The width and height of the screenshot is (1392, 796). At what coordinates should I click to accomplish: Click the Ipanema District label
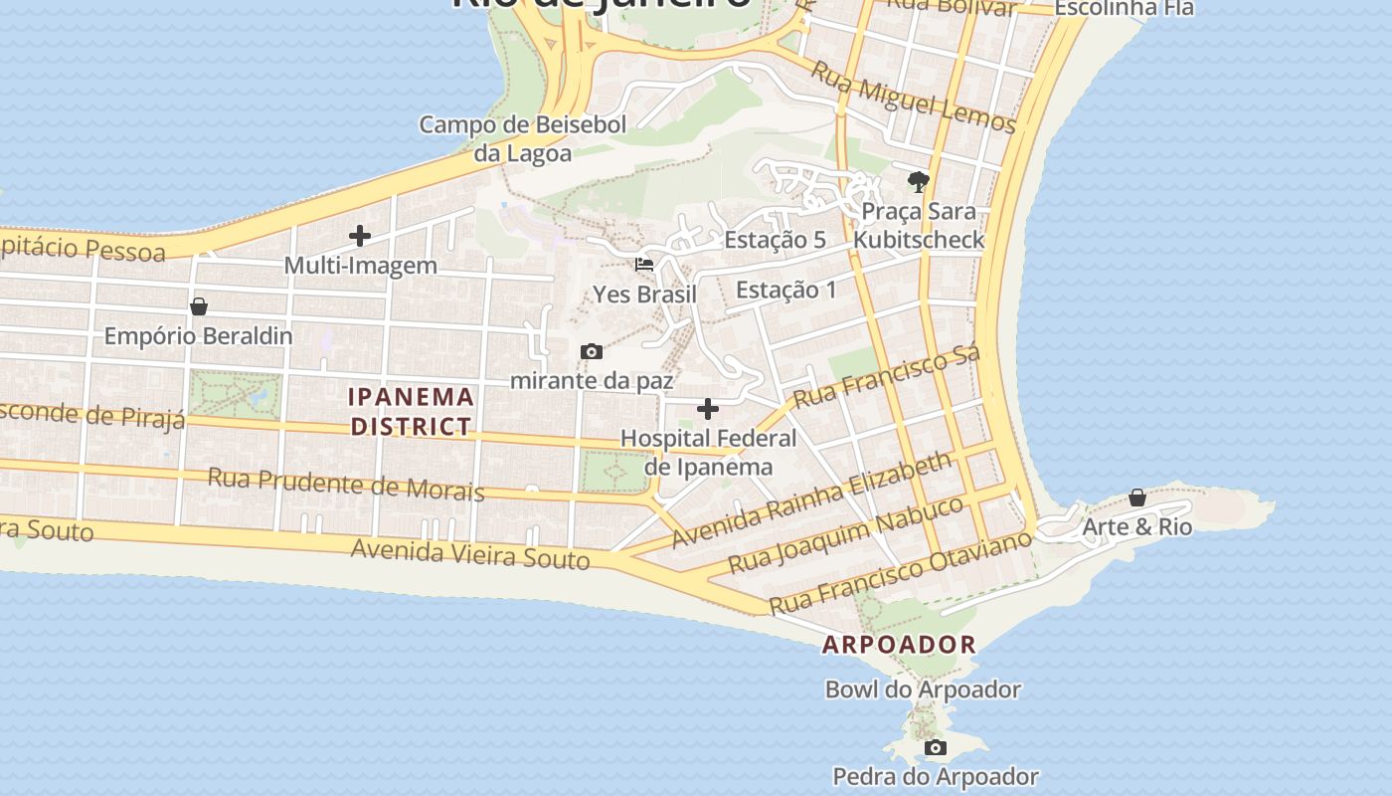pyautogui.click(x=411, y=411)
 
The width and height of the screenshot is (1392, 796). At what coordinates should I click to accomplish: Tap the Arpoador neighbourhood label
pyautogui.click(x=899, y=644)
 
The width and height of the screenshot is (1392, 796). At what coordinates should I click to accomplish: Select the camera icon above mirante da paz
pyautogui.click(x=592, y=351)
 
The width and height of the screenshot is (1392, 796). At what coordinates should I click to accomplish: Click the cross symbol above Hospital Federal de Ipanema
pyautogui.click(x=708, y=408)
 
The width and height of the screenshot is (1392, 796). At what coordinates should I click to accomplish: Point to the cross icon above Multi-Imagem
pyautogui.click(x=360, y=236)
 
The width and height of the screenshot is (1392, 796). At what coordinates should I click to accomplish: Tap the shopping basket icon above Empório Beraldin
pyautogui.click(x=199, y=305)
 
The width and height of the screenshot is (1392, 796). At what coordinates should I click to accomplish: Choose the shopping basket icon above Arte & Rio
pyautogui.click(x=1136, y=497)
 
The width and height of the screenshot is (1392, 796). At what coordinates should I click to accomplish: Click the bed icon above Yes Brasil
pyautogui.click(x=644, y=265)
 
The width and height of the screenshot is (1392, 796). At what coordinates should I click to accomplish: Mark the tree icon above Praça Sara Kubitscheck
pyautogui.click(x=918, y=181)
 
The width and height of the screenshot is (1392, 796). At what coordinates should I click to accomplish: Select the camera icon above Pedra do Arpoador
pyautogui.click(x=935, y=747)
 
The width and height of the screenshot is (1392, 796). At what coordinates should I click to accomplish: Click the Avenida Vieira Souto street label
pyautogui.click(x=470, y=553)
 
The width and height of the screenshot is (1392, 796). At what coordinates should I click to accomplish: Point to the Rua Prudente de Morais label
pyautogui.click(x=345, y=485)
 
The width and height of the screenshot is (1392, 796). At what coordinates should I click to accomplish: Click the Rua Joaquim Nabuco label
pyautogui.click(x=846, y=534)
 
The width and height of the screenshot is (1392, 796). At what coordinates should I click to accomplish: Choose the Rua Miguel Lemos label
pyautogui.click(x=913, y=97)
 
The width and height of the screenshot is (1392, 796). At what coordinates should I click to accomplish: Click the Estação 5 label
pyautogui.click(x=775, y=240)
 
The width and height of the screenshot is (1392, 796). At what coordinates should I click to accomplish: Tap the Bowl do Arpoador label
pyautogui.click(x=923, y=690)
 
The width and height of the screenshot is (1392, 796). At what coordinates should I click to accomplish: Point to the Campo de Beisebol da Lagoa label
pyautogui.click(x=523, y=138)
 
